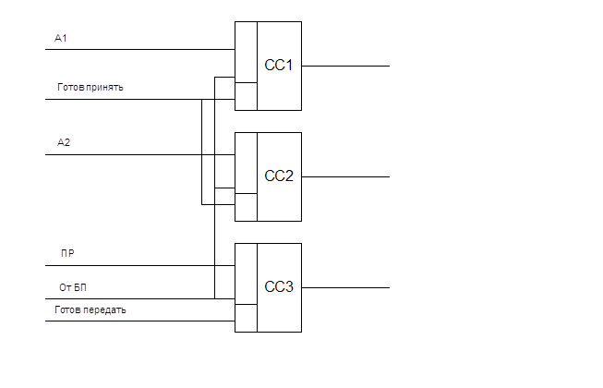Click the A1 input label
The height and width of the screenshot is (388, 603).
coord(61,39)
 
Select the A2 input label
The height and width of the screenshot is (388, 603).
coord(64,143)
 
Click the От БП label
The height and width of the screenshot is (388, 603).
coord(72,287)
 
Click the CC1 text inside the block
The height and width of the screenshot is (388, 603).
coord(278,66)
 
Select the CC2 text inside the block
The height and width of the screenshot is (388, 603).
coord(278,176)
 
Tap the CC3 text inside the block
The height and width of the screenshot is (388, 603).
coord(278,287)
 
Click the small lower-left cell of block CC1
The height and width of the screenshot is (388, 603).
coord(246,96)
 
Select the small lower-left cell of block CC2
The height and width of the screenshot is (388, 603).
coord(246,207)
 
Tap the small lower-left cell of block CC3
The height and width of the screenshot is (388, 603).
coord(246,317)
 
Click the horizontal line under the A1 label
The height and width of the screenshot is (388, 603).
coord(139,49)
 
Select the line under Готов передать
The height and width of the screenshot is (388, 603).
coord(139,321)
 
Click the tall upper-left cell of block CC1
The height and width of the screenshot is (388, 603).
coord(246,52)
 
